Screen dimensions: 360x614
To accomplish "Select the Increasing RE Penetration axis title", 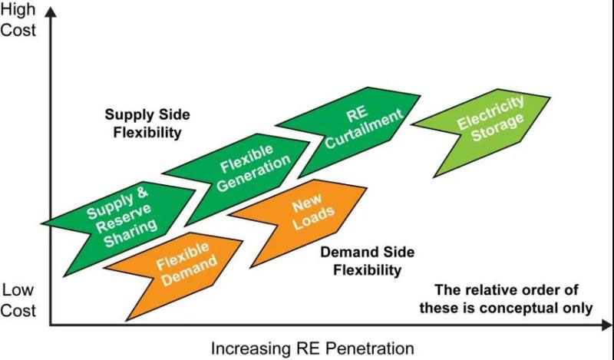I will click(306, 348).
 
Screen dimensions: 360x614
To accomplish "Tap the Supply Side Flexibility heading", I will click(147, 123).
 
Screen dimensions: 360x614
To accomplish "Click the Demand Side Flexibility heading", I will click(360, 261).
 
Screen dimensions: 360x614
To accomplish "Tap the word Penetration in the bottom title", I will click(361, 348).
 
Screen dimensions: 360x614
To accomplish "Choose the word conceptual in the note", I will click(534, 308).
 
